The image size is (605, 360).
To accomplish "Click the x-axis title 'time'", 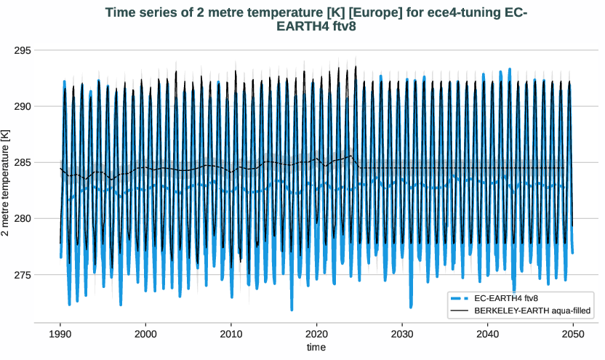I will (x=316, y=348).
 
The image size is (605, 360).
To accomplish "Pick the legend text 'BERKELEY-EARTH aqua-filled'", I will (x=531, y=311).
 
